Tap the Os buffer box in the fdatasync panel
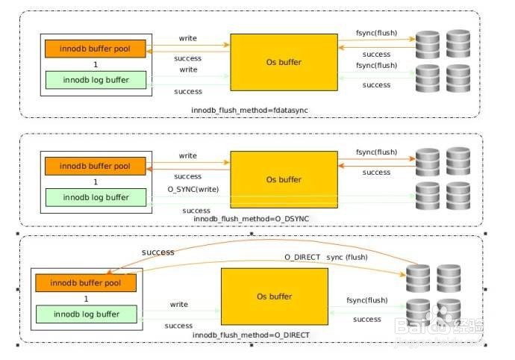click(x=284, y=62)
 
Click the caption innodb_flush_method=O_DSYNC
click(x=251, y=218)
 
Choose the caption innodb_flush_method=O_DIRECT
click(x=250, y=335)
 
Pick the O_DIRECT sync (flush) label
click(x=326, y=257)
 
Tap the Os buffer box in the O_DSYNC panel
click(x=284, y=179)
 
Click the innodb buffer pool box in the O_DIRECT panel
click(x=85, y=283)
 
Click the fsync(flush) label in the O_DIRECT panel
click(x=366, y=300)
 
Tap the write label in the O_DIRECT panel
click(x=179, y=305)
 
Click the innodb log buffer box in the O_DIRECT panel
click(x=85, y=314)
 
